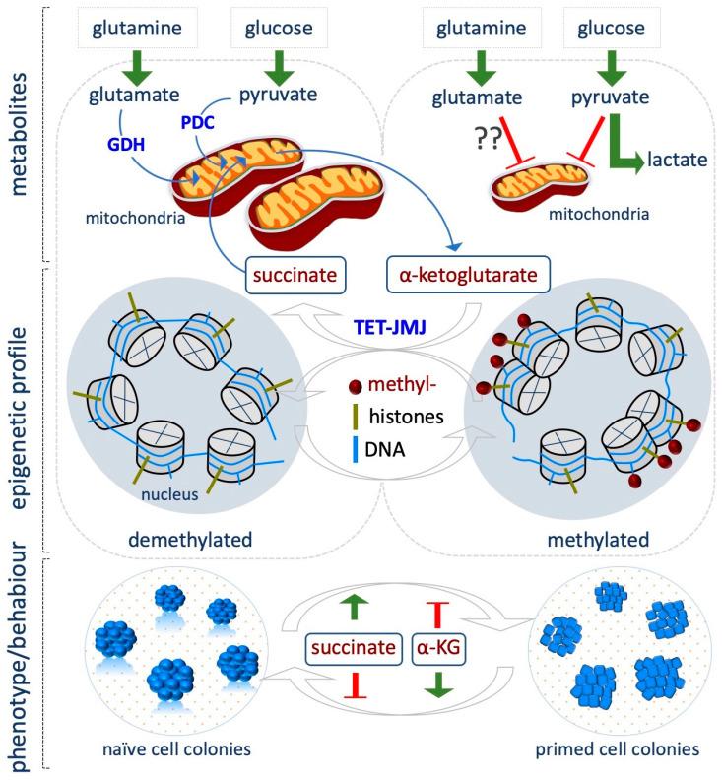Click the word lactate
675,161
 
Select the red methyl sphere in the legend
339,386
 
